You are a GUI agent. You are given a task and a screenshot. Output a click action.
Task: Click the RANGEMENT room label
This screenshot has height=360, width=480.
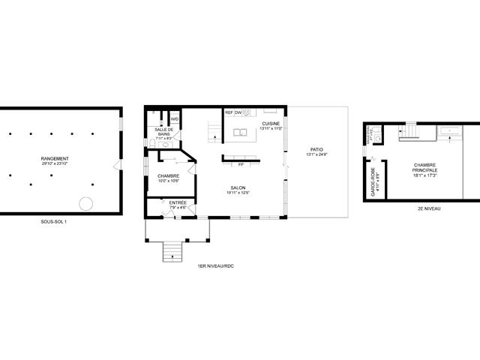pos(55,160)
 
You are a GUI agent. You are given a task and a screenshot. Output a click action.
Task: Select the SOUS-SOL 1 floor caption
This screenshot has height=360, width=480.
pos(54,221)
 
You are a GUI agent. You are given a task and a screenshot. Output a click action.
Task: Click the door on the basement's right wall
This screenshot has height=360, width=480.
pos(116,164)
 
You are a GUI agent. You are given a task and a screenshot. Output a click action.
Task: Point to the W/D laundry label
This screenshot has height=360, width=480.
pos(174,119)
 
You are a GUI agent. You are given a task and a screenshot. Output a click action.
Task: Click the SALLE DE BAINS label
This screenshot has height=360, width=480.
pos(163,133)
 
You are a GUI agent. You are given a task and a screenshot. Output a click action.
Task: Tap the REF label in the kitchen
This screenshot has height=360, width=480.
pos(228,112)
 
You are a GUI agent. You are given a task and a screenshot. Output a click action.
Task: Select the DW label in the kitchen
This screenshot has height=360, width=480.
pos(238,112)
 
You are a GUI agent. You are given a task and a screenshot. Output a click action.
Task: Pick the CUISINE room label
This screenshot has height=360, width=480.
pos(270,124)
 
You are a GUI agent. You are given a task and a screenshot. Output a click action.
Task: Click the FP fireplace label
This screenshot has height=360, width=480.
pos(241,163)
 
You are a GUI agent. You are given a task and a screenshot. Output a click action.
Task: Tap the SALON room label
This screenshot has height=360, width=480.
pos(237,190)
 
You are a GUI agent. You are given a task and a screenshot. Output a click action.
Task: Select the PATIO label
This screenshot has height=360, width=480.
pos(316,151)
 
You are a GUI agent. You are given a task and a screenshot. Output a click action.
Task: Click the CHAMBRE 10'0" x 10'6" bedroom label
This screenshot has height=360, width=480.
pos(168,178)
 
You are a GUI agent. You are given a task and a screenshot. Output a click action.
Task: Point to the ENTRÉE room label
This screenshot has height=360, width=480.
pos(178,204)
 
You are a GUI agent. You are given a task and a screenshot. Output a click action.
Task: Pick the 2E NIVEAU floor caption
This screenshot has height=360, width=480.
pos(429,208)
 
